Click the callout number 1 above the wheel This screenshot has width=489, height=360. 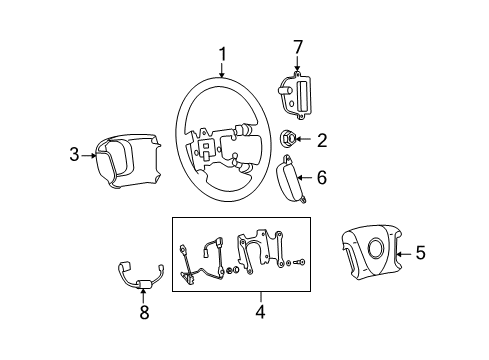coord(223,54)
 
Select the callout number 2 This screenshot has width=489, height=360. coord(322,140)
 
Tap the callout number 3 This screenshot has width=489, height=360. coord(74,154)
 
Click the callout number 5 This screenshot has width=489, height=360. coord(420,254)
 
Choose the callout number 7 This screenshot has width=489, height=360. coord(296,47)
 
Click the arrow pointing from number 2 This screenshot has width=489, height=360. coord(307,140)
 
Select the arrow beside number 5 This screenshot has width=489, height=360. coord(403,254)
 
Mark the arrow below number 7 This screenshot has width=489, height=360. coord(296,65)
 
